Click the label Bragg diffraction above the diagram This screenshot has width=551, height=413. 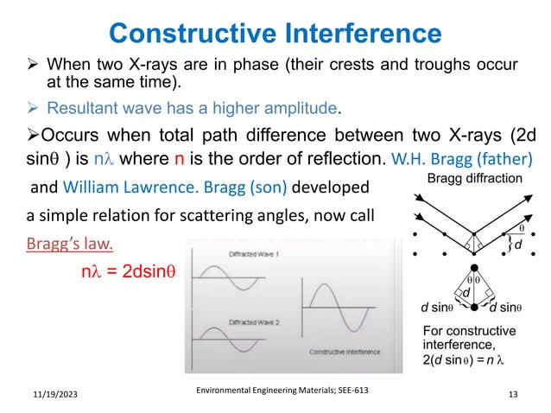[475, 179]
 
